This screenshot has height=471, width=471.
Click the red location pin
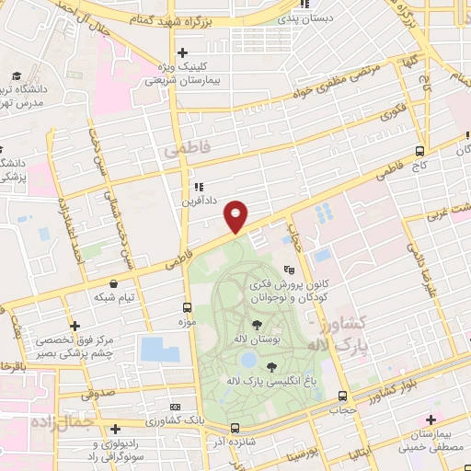click(236, 215)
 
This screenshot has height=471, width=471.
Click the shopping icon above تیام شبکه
click(113, 284)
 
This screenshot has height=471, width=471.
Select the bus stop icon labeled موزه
click(188, 308)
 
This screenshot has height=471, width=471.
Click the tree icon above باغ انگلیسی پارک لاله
click(272, 366)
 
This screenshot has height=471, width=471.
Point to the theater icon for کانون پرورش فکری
click(289, 270)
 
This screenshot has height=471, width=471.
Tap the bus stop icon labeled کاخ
click(420, 151)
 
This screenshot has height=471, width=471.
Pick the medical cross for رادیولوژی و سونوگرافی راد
click(114, 429)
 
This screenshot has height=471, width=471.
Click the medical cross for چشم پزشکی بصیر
click(75, 326)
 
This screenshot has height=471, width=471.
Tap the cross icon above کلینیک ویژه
click(182, 52)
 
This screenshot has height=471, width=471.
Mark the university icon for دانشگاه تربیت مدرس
click(15, 77)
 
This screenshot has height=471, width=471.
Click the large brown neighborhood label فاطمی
click(181, 147)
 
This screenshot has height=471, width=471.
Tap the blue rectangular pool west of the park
click(160, 350)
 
